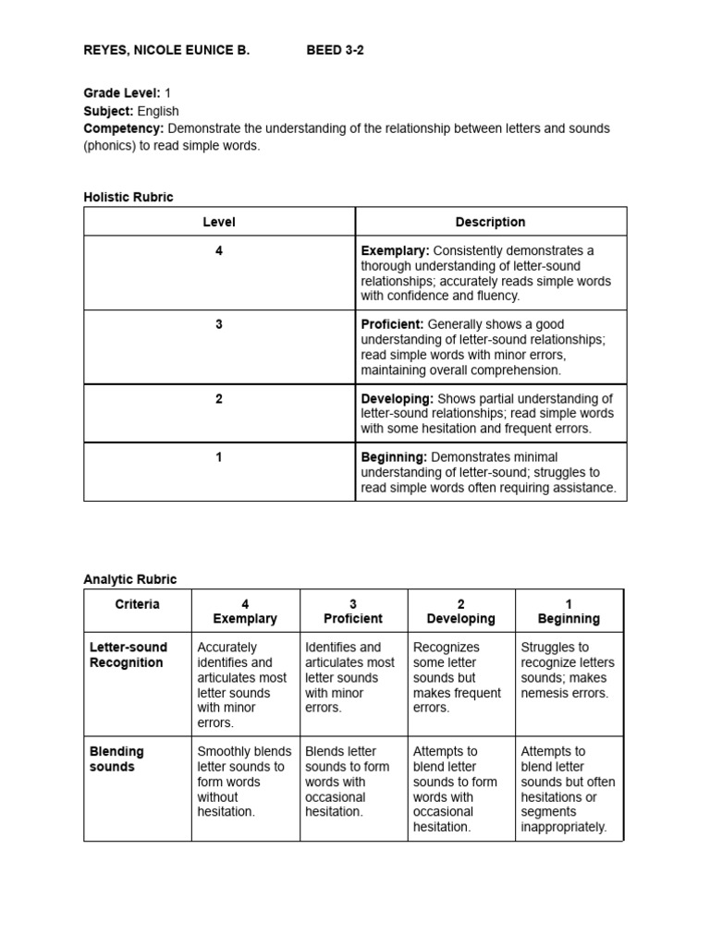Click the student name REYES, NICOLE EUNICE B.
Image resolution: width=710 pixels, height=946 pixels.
(x=166, y=51)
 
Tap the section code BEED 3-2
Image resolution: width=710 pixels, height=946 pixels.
(x=335, y=51)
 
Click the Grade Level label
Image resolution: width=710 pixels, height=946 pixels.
(x=122, y=93)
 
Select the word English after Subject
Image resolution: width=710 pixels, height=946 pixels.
(x=158, y=111)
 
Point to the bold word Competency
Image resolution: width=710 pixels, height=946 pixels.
(x=124, y=128)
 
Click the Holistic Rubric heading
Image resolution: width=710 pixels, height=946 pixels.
(x=129, y=197)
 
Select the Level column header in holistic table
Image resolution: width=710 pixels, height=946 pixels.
(x=219, y=222)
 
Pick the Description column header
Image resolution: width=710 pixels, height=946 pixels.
(x=490, y=222)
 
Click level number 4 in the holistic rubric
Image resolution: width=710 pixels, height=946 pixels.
(x=219, y=251)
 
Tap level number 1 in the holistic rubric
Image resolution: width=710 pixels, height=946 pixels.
(x=219, y=457)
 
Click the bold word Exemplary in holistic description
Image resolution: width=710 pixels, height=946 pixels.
(x=395, y=251)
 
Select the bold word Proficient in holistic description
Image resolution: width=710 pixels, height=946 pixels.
(x=392, y=325)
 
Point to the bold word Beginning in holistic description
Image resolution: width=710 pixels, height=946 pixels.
(x=394, y=457)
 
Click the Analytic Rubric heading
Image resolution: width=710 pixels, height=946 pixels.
(x=130, y=579)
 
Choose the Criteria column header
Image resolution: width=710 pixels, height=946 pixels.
(x=138, y=604)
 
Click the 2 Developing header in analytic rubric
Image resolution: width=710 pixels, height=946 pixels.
(x=460, y=612)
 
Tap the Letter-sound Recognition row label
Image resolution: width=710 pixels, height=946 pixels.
(x=127, y=655)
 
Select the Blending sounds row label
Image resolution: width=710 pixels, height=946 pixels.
(x=116, y=759)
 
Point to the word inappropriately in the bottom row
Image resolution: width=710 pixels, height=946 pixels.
(x=563, y=827)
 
